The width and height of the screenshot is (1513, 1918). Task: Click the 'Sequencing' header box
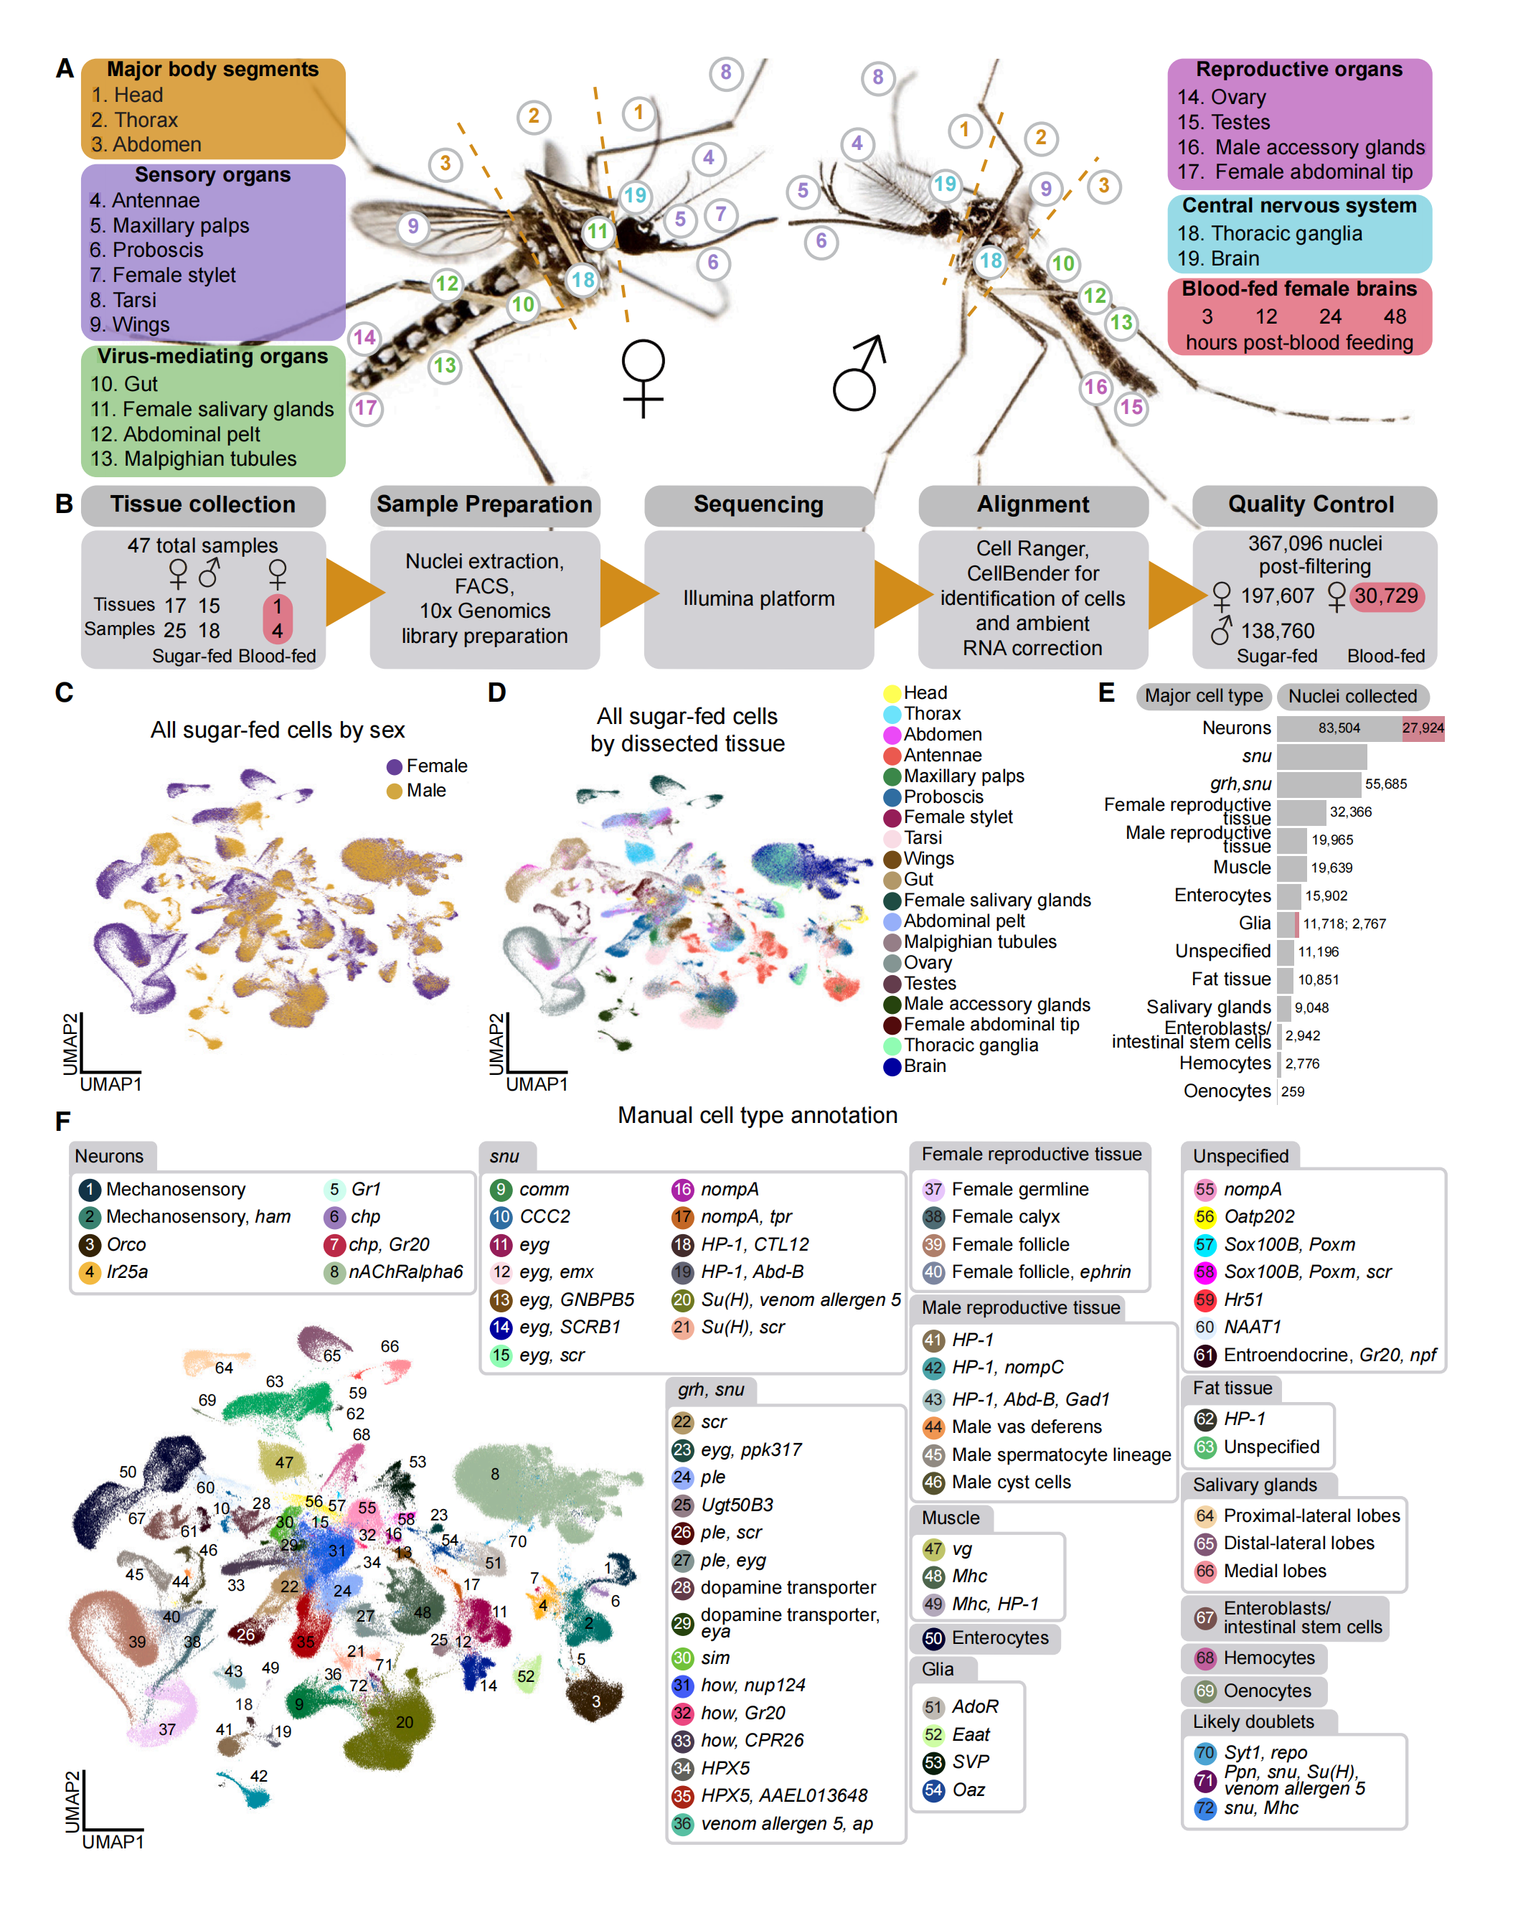(x=758, y=505)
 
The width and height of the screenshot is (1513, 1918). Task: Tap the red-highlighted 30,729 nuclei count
(x=1385, y=596)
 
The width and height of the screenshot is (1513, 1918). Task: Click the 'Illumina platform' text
(x=758, y=599)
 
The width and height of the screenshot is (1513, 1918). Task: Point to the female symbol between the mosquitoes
(x=642, y=377)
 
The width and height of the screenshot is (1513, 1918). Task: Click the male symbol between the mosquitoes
(x=858, y=373)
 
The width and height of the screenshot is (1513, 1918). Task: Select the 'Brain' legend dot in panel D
(x=892, y=1067)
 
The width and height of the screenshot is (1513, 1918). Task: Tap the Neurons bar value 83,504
(x=1339, y=728)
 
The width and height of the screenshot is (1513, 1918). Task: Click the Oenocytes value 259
(x=1293, y=1091)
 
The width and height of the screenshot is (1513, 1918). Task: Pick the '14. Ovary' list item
(x=1222, y=98)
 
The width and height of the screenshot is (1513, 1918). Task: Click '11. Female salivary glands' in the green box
(x=212, y=409)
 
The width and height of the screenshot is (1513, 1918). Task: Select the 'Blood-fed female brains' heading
(x=1298, y=288)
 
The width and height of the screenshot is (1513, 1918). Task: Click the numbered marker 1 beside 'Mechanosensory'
(x=90, y=1189)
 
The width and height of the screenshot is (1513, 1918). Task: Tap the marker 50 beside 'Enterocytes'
(x=933, y=1638)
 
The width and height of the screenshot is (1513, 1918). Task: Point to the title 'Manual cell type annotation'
(x=758, y=1115)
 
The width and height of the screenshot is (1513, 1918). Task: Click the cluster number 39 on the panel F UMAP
(x=137, y=1642)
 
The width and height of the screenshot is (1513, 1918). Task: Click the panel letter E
(x=1106, y=692)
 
